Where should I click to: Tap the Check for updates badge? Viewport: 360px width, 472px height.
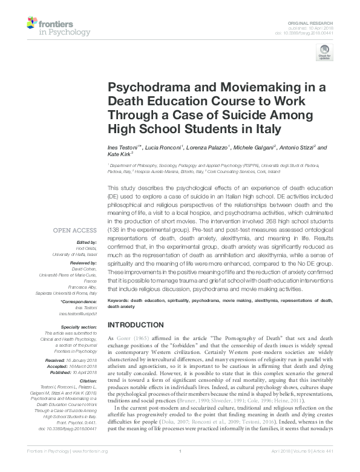point(324,56)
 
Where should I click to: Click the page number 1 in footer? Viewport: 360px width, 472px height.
point(180,467)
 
